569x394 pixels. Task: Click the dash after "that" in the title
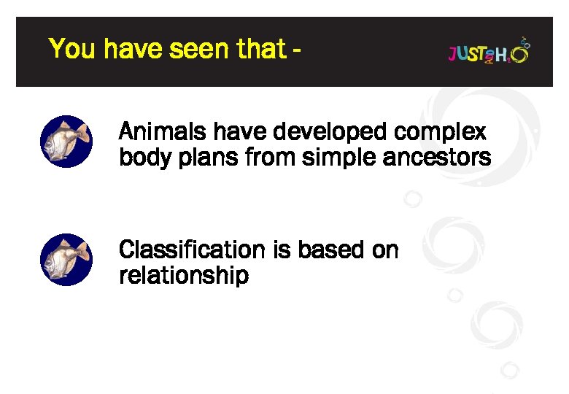coord(295,51)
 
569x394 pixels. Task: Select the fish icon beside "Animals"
coord(66,142)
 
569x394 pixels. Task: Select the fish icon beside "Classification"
coord(66,260)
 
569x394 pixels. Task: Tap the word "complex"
coord(439,134)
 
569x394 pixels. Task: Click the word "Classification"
coord(192,250)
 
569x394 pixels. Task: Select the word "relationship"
coord(183,276)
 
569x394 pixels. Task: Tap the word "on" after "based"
coord(385,250)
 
